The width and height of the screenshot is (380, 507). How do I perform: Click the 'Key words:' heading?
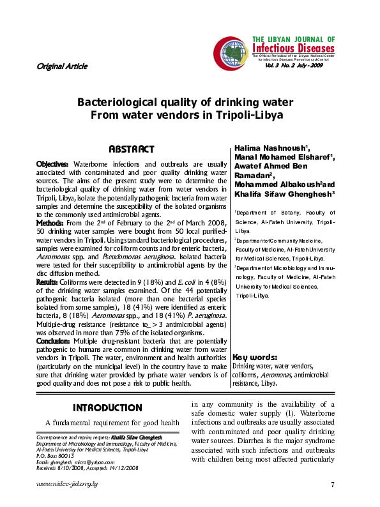point(254,357)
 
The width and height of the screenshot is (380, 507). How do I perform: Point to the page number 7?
point(333,485)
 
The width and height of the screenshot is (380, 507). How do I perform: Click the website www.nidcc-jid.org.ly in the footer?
point(67,485)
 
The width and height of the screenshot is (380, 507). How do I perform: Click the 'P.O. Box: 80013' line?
point(56,458)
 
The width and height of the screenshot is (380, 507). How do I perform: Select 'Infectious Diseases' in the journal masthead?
point(293,49)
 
